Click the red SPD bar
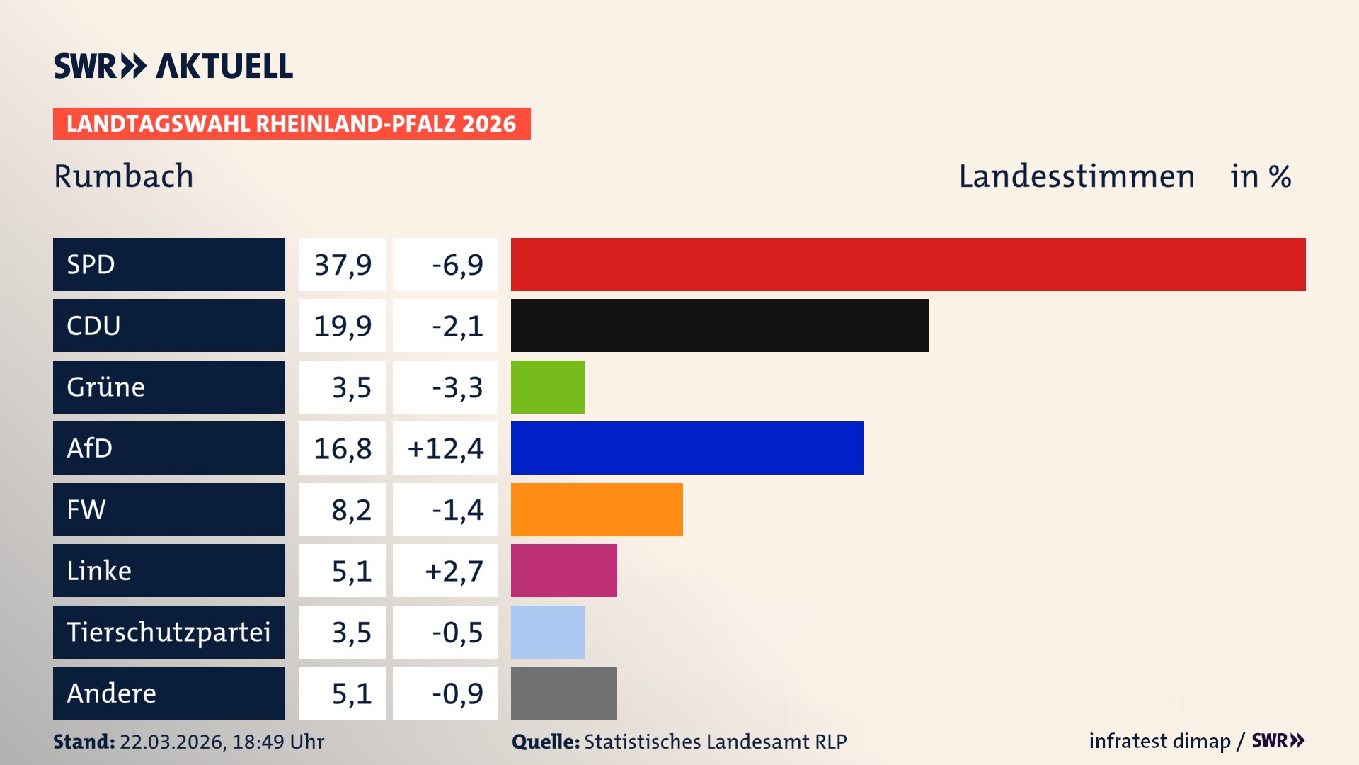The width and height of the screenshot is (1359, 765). [x=908, y=264]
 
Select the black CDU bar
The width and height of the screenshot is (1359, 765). [x=719, y=325]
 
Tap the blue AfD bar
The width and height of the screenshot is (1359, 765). [x=687, y=448]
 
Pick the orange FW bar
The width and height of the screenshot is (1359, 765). [x=597, y=509]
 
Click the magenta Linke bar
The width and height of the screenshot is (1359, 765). [x=563, y=570]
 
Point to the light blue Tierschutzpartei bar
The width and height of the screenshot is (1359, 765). [x=547, y=632]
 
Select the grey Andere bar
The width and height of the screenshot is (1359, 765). [x=563, y=693]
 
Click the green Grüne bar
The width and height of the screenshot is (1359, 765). [x=547, y=387]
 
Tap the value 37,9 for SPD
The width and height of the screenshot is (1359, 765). [x=343, y=265]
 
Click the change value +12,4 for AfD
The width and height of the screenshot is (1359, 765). [x=445, y=448]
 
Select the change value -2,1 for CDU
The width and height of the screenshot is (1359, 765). [x=457, y=326]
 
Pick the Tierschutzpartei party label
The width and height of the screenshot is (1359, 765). [x=168, y=632]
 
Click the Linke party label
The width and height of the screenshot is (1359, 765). [x=99, y=571]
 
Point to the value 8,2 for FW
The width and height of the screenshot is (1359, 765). [x=351, y=510]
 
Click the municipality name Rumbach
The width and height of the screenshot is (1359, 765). [x=123, y=176]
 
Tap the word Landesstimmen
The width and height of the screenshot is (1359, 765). [x=1076, y=176]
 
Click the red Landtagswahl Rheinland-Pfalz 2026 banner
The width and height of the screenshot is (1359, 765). [x=292, y=124]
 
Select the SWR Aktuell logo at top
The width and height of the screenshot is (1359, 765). [x=173, y=66]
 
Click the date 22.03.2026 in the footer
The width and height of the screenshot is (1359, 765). [x=171, y=742]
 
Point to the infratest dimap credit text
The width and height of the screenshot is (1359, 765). [x=1159, y=741]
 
